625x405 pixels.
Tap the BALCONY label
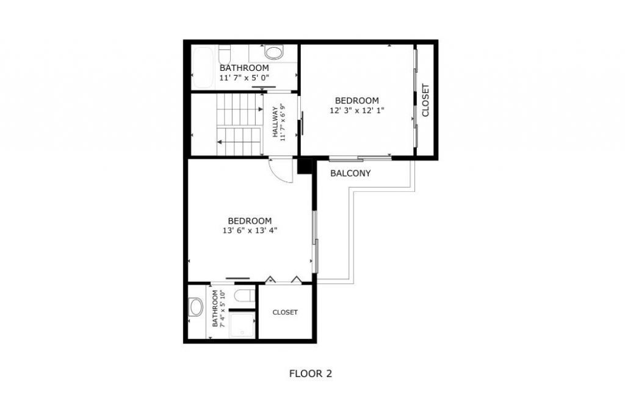(x=350, y=173)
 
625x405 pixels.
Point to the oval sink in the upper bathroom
(x=274, y=51)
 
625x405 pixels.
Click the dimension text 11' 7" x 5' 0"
(x=244, y=78)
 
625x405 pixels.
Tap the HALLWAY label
(x=275, y=122)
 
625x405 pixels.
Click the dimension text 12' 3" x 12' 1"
(x=357, y=111)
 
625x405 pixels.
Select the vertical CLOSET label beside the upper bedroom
(x=425, y=100)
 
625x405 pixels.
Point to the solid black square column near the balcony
(x=305, y=166)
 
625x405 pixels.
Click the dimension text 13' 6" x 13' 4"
(x=250, y=230)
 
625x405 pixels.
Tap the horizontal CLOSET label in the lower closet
(x=285, y=312)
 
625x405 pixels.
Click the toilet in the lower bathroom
(x=244, y=296)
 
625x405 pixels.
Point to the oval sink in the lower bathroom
(x=196, y=307)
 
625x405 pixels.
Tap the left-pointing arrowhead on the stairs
(x=220, y=142)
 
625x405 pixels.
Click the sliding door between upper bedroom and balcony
(x=360, y=159)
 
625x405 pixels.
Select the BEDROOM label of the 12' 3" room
(x=357, y=101)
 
